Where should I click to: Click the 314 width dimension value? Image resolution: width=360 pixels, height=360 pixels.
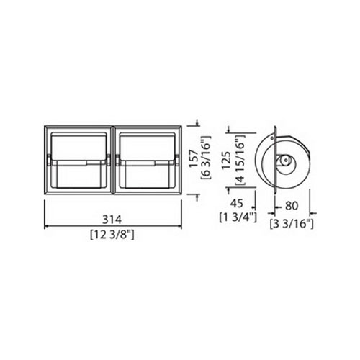[112, 220]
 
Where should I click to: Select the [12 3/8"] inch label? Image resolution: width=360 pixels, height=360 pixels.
[112, 235]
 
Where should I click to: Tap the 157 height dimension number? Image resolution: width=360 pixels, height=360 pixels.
[194, 158]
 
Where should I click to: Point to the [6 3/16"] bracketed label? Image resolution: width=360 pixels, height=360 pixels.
[207, 158]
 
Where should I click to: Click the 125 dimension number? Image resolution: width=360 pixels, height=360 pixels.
[227, 161]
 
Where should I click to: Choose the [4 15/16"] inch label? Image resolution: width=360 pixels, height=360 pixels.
[240, 160]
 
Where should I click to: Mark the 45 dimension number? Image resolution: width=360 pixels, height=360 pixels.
[237, 204]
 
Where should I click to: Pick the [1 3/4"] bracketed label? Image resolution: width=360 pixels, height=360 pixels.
[238, 217]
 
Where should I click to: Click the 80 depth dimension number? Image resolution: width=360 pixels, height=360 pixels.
[292, 206]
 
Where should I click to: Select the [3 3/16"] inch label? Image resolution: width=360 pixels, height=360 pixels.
[292, 224]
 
